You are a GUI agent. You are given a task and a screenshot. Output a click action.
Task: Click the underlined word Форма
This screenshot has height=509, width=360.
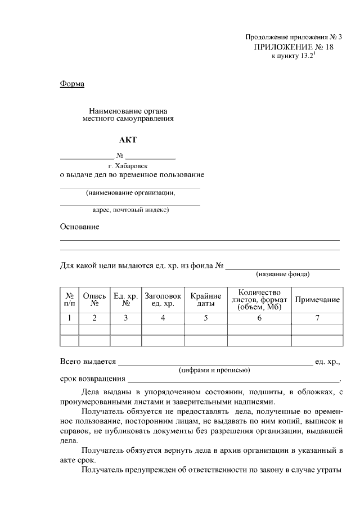click(x=72, y=84)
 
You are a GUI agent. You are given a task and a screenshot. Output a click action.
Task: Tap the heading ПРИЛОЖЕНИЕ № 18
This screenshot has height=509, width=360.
click(x=294, y=47)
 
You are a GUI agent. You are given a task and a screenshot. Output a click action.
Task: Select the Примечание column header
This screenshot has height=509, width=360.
click(x=317, y=300)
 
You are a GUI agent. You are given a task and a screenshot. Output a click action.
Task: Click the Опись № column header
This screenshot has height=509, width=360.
click(x=94, y=300)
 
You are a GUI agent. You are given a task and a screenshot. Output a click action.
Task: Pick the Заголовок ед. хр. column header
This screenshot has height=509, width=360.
click(x=163, y=300)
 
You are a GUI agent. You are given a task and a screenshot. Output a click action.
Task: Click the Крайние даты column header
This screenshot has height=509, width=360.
click(x=205, y=300)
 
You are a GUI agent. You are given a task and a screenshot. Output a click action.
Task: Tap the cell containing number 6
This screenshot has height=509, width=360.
click(x=259, y=318)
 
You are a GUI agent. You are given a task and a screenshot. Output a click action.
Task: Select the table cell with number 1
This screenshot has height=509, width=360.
click(x=69, y=318)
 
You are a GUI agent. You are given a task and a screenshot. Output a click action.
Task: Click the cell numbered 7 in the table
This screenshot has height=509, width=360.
click(x=317, y=318)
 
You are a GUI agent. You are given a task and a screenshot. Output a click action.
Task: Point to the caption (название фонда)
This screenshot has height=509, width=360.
click(x=282, y=275)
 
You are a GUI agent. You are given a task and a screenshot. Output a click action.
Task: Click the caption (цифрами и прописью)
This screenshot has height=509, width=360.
click(x=214, y=370)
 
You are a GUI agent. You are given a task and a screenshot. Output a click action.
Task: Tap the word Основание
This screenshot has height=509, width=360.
click(x=79, y=227)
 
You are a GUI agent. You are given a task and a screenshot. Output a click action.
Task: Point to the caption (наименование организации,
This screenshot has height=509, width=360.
click(x=130, y=193)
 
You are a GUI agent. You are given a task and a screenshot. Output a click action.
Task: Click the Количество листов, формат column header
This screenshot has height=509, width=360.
click(x=259, y=300)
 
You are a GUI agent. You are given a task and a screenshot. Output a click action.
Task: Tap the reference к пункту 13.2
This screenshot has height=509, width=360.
click(x=292, y=57)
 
